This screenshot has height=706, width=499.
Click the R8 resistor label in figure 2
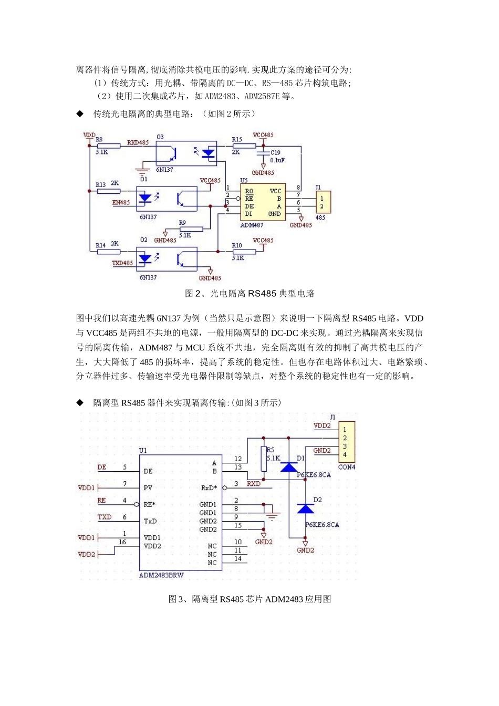pos(99,139)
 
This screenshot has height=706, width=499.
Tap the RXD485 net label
pos(138,142)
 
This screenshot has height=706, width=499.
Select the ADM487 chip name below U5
pos(252,225)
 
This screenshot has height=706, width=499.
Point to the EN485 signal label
pos(121,202)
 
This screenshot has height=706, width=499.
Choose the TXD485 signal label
pos(122,263)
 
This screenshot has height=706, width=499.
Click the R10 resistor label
pos(237,245)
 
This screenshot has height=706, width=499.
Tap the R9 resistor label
pos(182,223)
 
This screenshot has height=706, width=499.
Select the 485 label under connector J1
pos(320,217)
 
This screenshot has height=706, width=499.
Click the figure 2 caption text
pos(250,294)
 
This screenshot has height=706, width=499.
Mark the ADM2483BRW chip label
pos(161,575)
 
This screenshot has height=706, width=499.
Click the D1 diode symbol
pos(289,467)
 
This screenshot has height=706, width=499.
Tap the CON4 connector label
pos(347,467)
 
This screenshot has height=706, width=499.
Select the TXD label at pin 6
pos(105,517)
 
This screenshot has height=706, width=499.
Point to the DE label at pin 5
pos(102,467)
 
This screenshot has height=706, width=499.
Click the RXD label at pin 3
pos(254,484)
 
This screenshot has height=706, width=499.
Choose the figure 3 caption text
pos(250,599)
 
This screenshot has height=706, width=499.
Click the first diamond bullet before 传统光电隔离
pos(80,113)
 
